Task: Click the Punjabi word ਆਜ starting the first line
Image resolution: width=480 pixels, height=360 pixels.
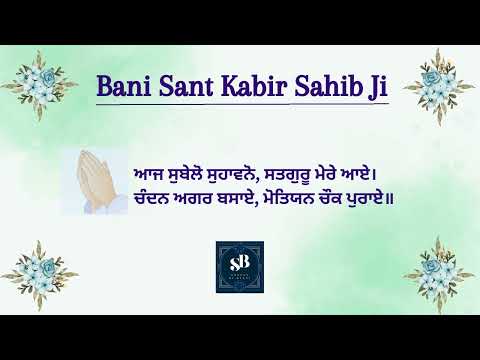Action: pyautogui.click(x=149, y=175)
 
